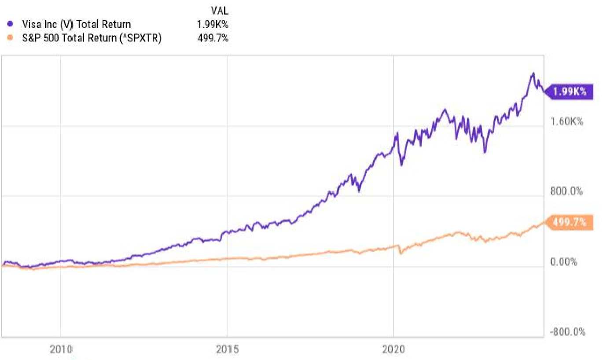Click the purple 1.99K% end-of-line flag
pyautogui.click(x=570, y=92)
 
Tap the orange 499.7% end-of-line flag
pyautogui.click(x=570, y=223)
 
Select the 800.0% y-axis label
pyautogui.click(x=567, y=191)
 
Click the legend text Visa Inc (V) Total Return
pyautogui.click(x=76, y=25)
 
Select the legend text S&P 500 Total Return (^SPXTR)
pyautogui.click(x=92, y=38)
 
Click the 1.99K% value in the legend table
pyautogui.click(x=213, y=25)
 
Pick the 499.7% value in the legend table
pyautogui.click(x=213, y=38)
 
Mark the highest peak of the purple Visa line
pyautogui.click(x=533, y=73)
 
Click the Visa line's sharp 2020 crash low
pyautogui.click(x=401, y=165)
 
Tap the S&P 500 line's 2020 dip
pyautogui.click(x=401, y=253)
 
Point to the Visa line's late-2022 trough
pyautogui.click(x=485, y=152)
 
